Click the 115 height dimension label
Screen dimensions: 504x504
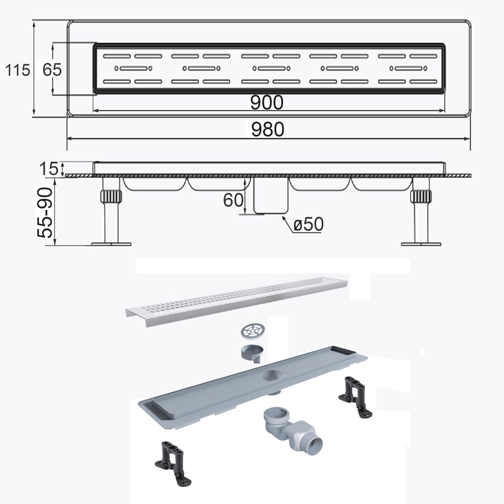click(17, 70)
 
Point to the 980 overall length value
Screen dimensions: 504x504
click(268, 129)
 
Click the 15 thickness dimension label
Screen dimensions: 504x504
click(49, 169)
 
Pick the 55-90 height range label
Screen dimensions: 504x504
click(45, 212)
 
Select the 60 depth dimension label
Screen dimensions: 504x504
click(233, 200)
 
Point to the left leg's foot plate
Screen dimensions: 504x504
click(111, 244)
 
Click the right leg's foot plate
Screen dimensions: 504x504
click(421, 244)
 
